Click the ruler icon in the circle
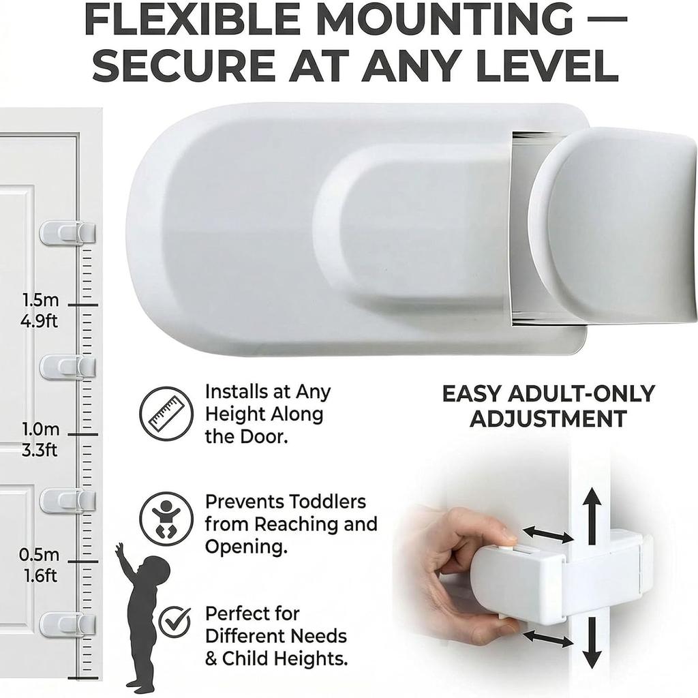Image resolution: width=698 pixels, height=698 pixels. click(166, 414)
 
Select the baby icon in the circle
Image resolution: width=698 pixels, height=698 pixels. click(166, 519)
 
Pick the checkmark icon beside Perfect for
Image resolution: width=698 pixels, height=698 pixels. click(174, 622)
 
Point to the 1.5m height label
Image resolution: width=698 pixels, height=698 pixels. click(40, 300)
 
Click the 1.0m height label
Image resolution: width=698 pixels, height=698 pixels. click(40, 429)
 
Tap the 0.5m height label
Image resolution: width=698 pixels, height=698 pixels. click(39, 555)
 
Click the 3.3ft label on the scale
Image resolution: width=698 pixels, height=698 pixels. click(40, 450)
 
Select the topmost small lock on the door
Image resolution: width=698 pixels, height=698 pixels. click(67, 232)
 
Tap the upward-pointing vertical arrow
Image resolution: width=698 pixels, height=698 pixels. click(592, 515)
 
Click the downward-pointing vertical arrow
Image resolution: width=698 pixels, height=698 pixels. click(592, 642)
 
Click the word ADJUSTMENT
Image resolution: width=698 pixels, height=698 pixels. click(549, 419)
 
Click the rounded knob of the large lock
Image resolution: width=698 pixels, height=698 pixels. click(614, 226)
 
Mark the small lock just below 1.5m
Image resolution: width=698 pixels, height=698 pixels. click(67, 367)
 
